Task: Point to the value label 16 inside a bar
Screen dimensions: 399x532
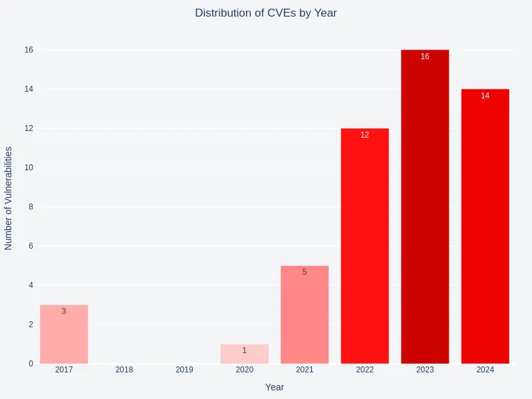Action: (425, 57)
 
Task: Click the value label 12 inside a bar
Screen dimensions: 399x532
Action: (364, 135)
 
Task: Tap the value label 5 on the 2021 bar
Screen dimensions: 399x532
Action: (305, 272)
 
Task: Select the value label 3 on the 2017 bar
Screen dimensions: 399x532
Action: (64, 311)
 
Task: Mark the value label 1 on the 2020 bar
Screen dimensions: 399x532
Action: (244, 350)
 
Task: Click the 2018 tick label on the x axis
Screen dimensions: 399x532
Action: (124, 370)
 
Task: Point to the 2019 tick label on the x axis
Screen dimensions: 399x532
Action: (184, 370)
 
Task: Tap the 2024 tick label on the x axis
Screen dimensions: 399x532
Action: (485, 370)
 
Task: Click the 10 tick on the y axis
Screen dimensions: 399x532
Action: (29, 168)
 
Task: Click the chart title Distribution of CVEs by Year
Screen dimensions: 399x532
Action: (266, 13)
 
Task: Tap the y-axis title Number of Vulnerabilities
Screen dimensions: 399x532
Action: (9, 198)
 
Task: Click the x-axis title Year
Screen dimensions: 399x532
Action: (275, 387)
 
